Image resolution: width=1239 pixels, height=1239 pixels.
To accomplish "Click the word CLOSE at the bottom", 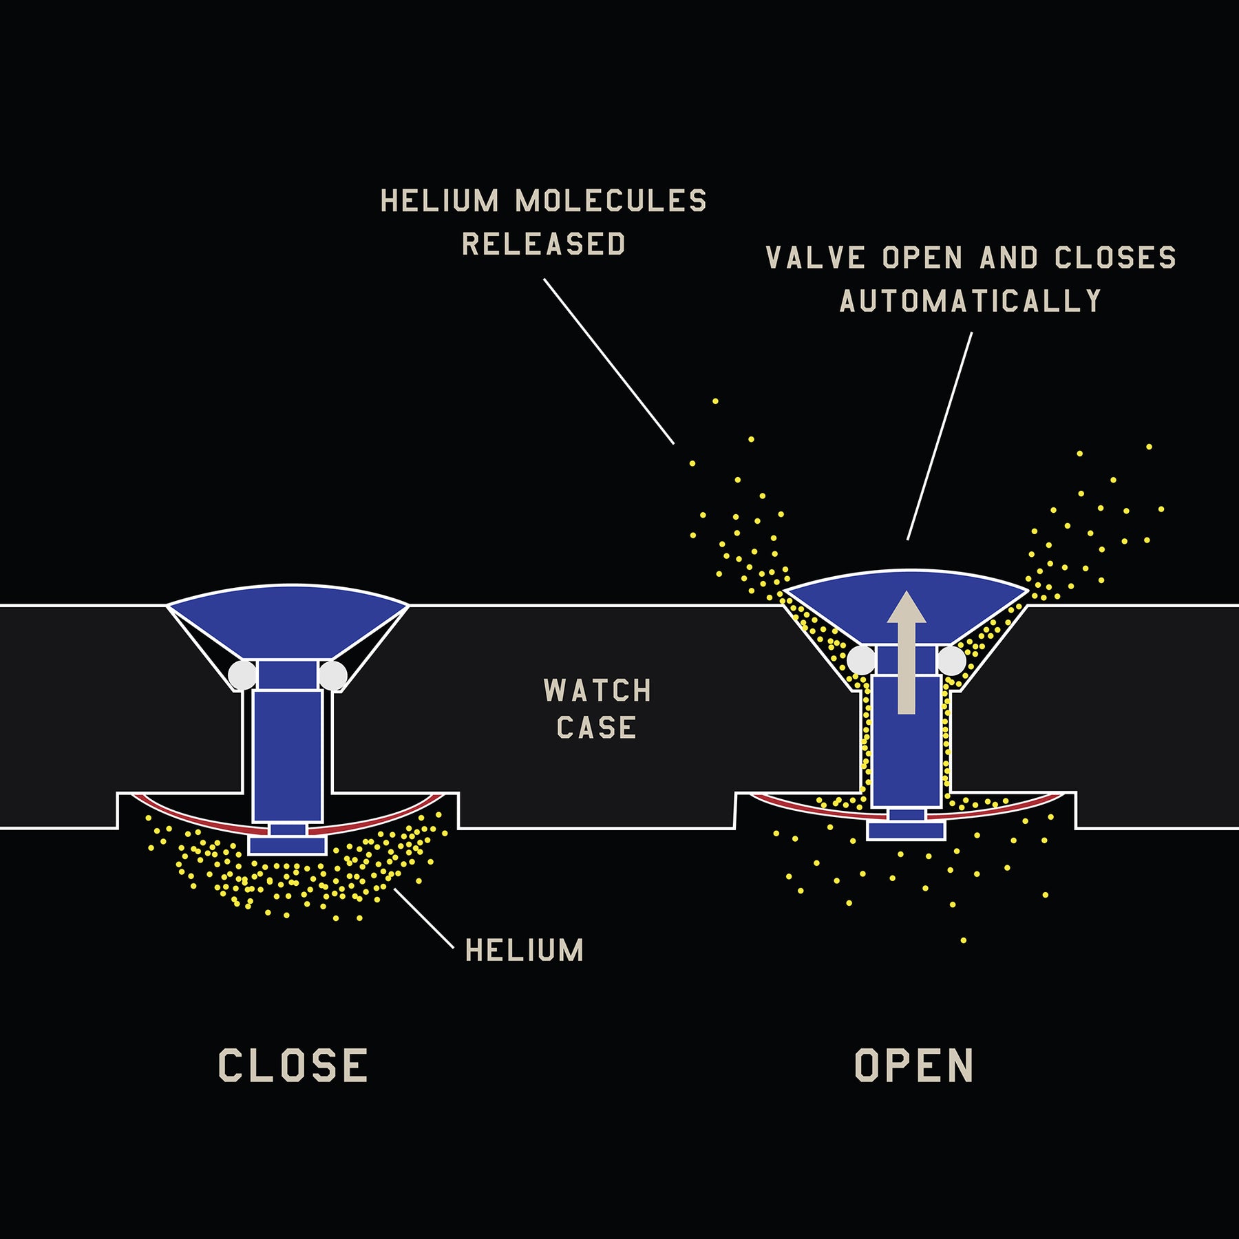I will pos(293,1066).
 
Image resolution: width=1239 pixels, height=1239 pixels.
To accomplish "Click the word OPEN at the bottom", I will pos(913,1066).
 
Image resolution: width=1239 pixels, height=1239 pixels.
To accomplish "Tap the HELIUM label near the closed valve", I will pos(525,950).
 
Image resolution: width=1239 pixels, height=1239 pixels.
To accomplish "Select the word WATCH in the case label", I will pos(597,690).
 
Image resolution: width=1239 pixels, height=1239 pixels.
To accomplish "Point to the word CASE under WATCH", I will pos(596,728).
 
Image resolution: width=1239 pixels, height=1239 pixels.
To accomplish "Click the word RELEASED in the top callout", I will pos(543,244).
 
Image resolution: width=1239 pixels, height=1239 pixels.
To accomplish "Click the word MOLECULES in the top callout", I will pos(611,201).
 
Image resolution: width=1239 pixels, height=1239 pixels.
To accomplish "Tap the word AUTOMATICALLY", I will pos(971,301).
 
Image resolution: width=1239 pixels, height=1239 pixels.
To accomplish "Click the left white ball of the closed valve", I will pos(242,675).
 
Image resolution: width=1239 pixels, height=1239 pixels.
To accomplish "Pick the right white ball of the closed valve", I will pos(333,675).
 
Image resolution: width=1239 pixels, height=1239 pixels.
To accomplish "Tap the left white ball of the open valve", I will pos(861,661).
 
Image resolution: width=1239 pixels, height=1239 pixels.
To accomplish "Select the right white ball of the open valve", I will pos(951,661).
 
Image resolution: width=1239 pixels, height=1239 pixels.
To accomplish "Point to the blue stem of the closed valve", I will pos(287,754).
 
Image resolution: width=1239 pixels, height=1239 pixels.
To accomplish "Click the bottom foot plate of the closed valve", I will pos(287,845).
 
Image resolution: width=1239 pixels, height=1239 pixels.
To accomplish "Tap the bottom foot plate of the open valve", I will pos(905,831).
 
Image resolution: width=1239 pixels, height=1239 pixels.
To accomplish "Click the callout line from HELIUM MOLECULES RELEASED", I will pos(608,361).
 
